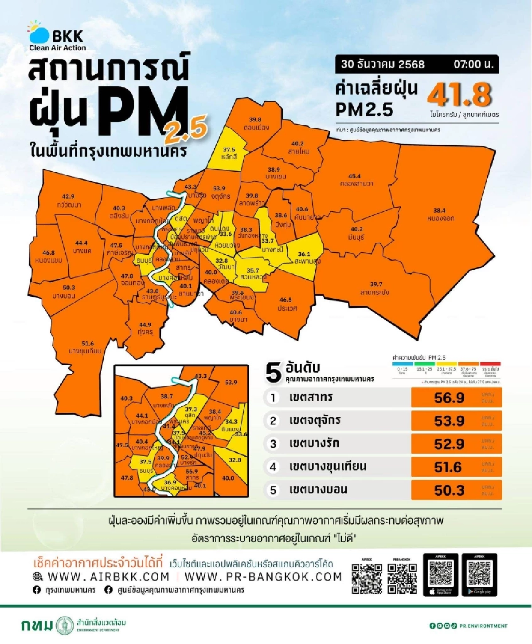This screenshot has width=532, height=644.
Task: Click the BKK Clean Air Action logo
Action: point(56,36)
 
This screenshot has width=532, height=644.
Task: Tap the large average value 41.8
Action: point(460,95)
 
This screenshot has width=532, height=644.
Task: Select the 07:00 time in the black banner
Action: point(473,64)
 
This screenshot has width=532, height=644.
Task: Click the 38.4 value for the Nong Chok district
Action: point(439,210)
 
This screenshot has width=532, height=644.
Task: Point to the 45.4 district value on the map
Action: point(354,176)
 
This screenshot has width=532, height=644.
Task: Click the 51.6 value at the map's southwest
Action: point(88,344)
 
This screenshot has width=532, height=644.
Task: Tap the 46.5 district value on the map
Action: point(286,300)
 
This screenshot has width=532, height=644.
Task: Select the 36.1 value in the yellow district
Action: point(304,254)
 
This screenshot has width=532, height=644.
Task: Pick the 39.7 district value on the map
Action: point(376,284)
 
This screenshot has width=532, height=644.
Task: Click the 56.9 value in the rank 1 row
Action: point(449,398)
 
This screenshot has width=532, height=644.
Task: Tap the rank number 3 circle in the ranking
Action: point(273,444)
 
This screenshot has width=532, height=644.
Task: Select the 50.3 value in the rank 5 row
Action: point(449,490)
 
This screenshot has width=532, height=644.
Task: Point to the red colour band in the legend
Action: point(490,364)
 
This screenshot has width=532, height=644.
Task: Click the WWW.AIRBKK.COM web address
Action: point(109,577)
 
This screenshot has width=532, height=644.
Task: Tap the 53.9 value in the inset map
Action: point(231,383)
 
